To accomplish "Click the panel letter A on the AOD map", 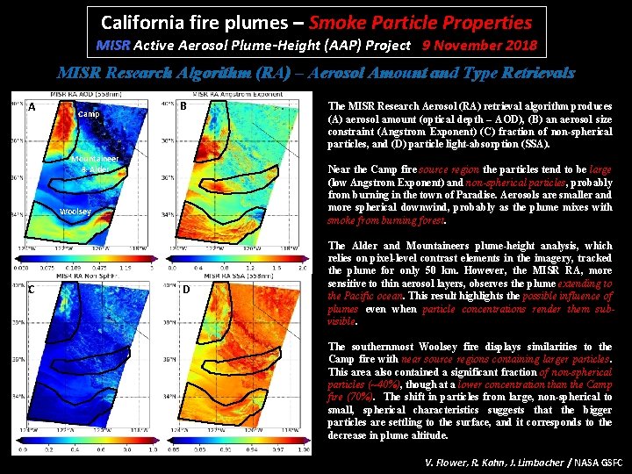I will pyautogui.click(x=32, y=108).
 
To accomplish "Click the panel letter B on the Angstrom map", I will pyautogui.click(x=183, y=107).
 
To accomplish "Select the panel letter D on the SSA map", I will pyautogui.click(x=186, y=290).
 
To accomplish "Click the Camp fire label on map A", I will pyautogui.click(x=89, y=114).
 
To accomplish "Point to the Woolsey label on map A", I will pyautogui.click(x=75, y=211).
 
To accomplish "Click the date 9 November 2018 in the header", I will pyautogui.click(x=479, y=45).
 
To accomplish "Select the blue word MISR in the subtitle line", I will pyautogui.click(x=112, y=45).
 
